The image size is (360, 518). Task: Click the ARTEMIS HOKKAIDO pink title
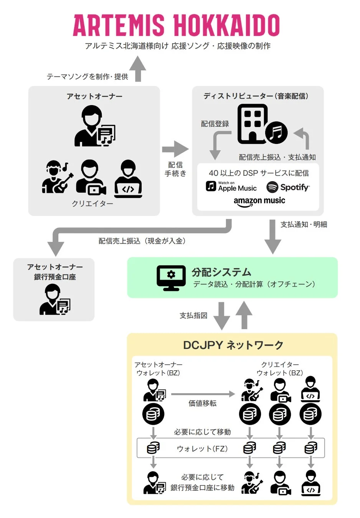(176, 25)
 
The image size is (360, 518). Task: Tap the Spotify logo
(288, 187)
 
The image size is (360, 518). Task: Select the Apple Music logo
(231, 186)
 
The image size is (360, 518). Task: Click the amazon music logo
(259, 201)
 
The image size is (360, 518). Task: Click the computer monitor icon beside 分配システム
(171, 278)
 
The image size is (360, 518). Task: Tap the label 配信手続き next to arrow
(175, 169)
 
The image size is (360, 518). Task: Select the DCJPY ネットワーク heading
(233, 345)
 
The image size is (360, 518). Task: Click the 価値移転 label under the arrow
(202, 403)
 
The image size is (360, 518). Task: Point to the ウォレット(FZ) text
(202, 449)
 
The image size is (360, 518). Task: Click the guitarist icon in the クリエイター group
(57, 177)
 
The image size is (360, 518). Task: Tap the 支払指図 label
(193, 315)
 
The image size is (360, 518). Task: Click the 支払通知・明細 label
(304, 224)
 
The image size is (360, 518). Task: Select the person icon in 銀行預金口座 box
(54, 300)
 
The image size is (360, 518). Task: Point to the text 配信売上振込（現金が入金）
(142, 241)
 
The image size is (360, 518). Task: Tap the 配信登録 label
(215, 124)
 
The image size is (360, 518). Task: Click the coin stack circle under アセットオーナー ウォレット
(153, 414)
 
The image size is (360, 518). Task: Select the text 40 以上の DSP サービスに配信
(259, 173)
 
